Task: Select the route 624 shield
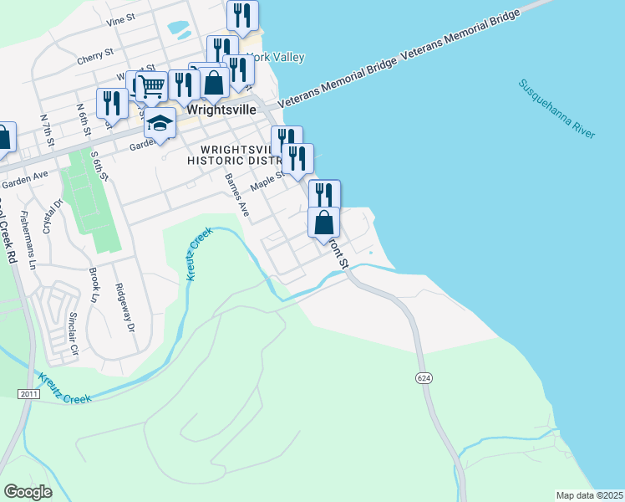click(424, 378)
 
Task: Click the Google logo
click(28, 491)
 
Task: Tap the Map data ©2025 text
click(589, 495)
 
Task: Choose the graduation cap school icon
click(160, 125)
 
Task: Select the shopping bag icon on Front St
click(324, 223)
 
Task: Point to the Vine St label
click(121, 18)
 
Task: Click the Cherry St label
click(94, 57)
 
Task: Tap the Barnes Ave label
click(237, 194)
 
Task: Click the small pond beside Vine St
click(179, 28)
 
